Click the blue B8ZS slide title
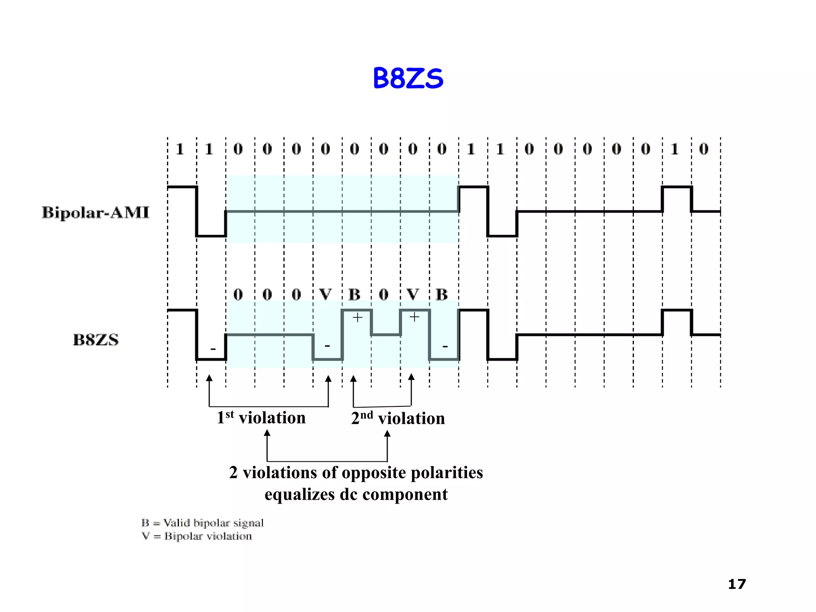(x=408, y=78)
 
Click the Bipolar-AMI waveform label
(x=96, y=212)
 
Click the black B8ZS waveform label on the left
(x=96, y=340)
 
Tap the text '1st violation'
(x=261, y=418)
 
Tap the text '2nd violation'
(x=398, y=418)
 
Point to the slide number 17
(x=737, y=584)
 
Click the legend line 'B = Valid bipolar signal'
(x=202, y=523)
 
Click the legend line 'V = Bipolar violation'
(x=197, y=536)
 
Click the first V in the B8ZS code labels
(x=326, y=294)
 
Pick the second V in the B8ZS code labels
(x=413, y=294)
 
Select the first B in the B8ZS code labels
(x=355, y=294)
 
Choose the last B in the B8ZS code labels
(x=442, y=294)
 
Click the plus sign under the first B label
(x=357, y=318)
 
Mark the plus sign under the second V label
(x=414, y=317)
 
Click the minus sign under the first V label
(x=327, y=345)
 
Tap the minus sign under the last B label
(x=445, y=346)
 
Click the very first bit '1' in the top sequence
(x=180, y=149)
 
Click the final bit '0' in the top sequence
(x=704, y=149)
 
